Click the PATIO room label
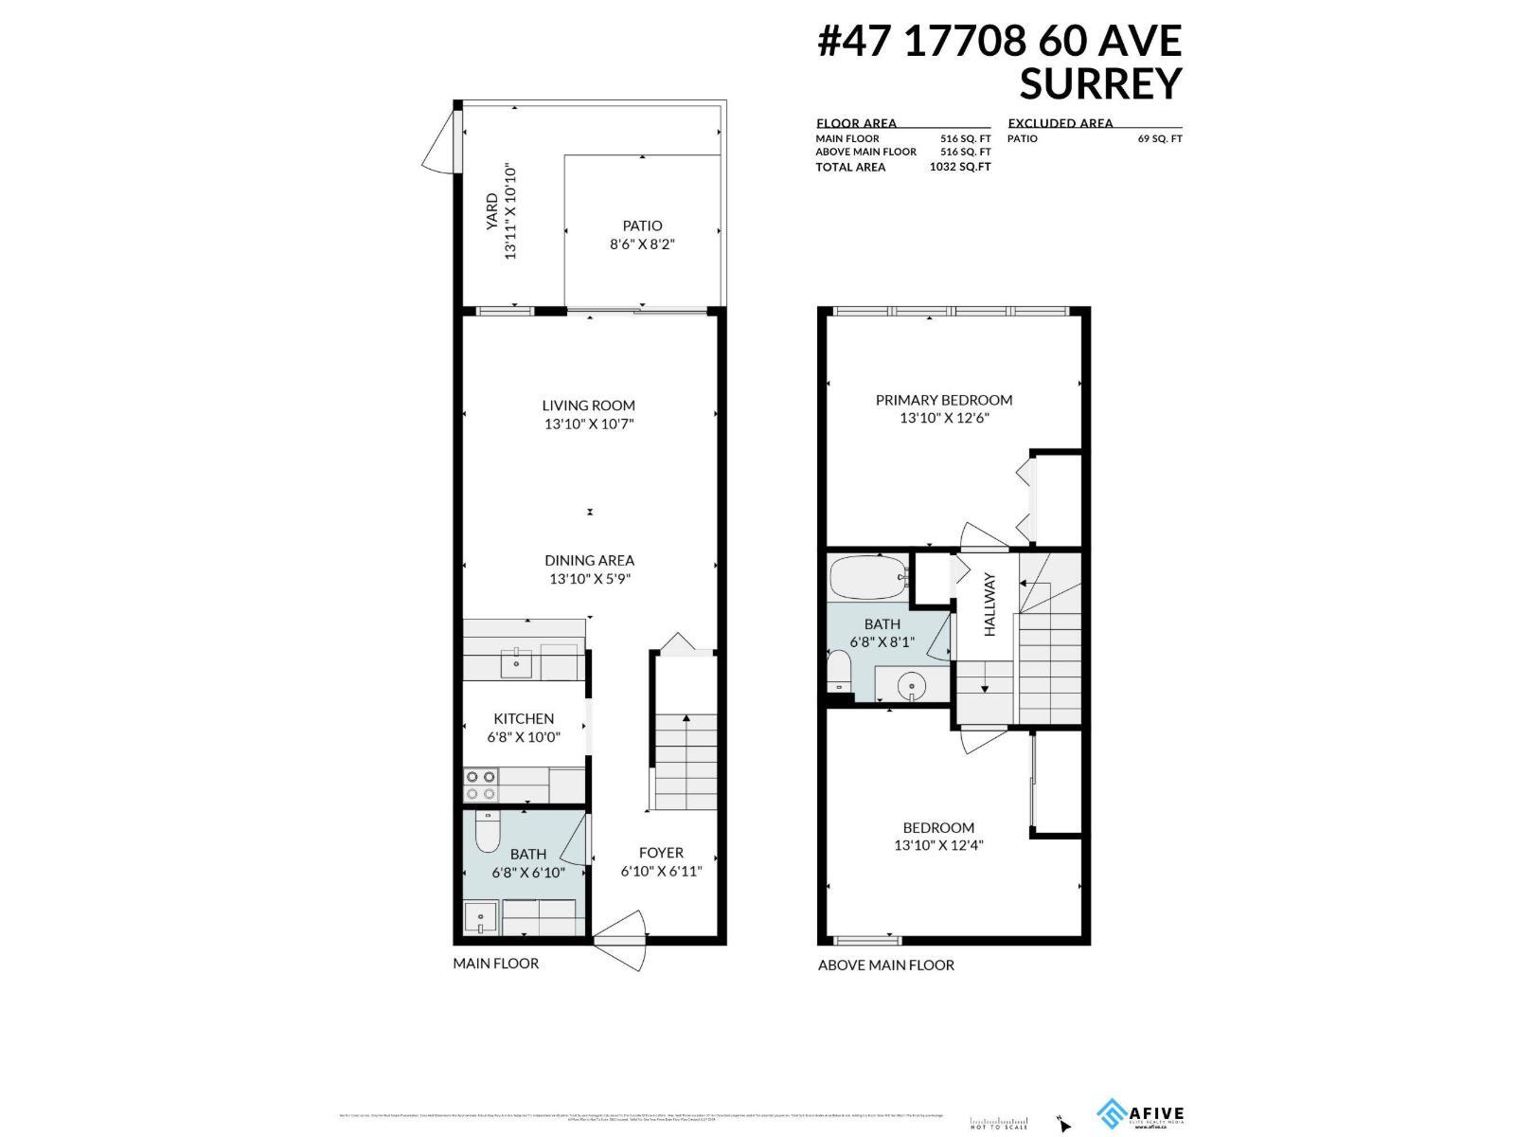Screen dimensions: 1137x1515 [x=642, y=226]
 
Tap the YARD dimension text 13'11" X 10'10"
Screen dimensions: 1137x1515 [x=511, y=212]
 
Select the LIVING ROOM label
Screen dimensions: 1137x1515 [x=588, y=405]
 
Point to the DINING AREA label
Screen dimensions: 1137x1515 [x=589, y=560]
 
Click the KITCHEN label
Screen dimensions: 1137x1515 [x=524, y=718]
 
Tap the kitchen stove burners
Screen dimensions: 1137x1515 [x=480, y=785]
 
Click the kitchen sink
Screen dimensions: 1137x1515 [x=516, y=662]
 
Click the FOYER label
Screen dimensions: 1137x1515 [x=661, y=852]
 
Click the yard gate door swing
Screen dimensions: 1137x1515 [x=441, y=142]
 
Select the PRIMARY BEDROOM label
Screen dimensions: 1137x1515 [x=943, y=400]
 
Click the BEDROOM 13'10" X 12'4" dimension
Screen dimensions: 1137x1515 [x=938, y=845]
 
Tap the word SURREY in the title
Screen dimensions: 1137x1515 [x=1100, y=83]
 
